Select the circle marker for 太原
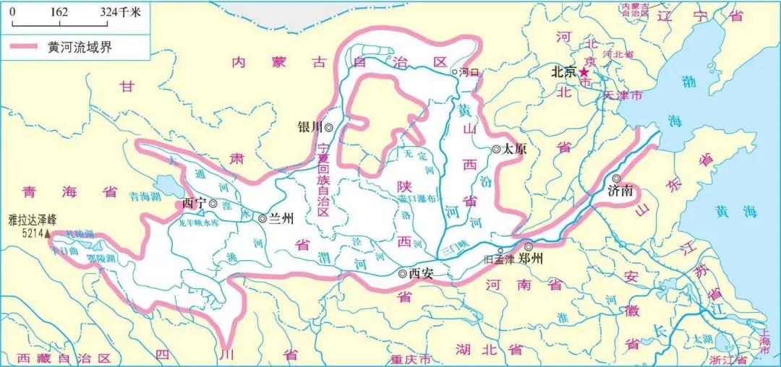[496, 150]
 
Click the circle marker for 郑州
[529, 246]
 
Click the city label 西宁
[194, 204]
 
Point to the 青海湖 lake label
[144, 195]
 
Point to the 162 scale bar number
[60, 13]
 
